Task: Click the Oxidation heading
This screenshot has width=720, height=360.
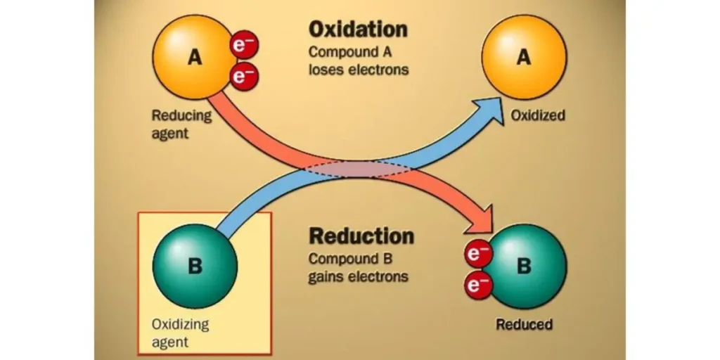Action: point(357,30)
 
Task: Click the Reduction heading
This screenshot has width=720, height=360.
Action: point(361,236)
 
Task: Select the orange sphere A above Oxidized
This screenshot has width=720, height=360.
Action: point(523,58)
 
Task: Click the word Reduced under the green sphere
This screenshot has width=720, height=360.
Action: point(524,324)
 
